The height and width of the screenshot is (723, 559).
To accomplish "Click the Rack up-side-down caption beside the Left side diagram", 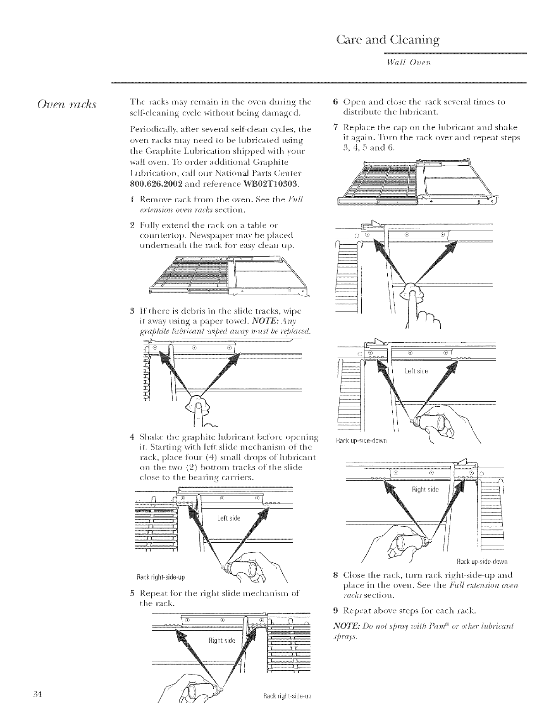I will point(361,440).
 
